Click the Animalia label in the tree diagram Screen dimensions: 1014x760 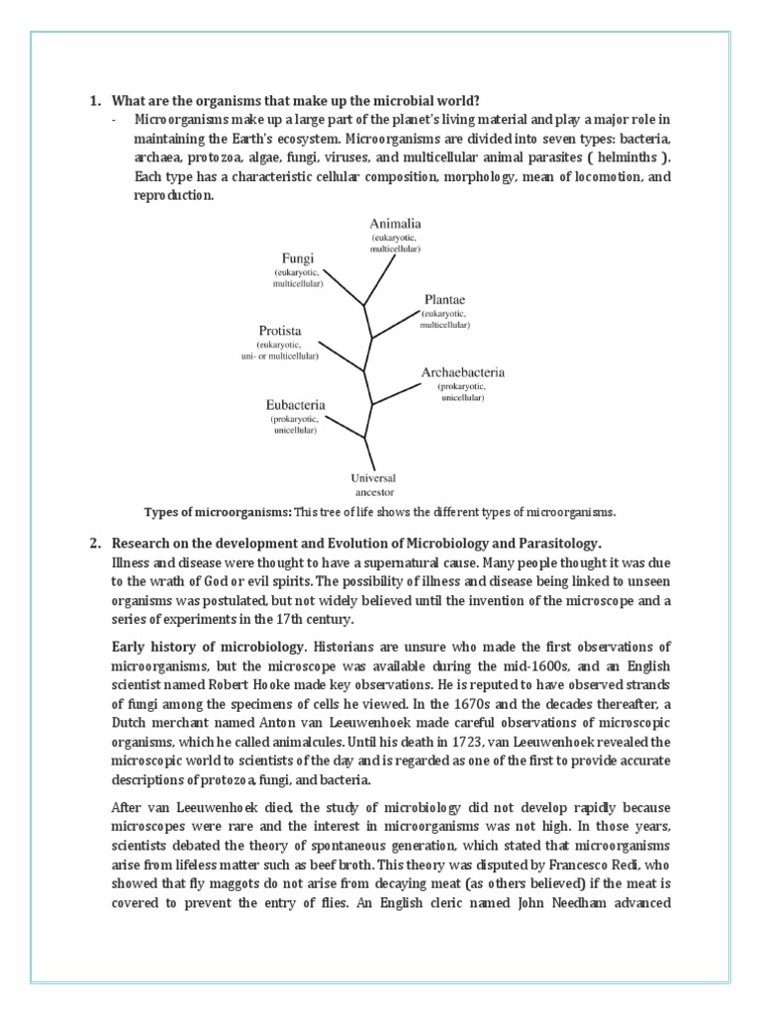coord(395,224)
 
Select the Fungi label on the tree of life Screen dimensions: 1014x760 coord(298,256)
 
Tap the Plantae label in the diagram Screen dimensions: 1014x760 coord(444,297)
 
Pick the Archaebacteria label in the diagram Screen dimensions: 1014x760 coord(463,372)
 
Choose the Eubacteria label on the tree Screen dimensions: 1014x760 coord(295,404)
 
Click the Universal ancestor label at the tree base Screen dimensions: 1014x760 coord(366,482)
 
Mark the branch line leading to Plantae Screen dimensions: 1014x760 coord(396,322)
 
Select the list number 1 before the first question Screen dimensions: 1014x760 coord(95,100)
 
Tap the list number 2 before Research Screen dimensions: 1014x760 coord(95,544)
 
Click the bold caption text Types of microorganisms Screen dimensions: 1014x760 coord(218,512)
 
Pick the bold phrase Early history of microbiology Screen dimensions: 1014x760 coord(209,646)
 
